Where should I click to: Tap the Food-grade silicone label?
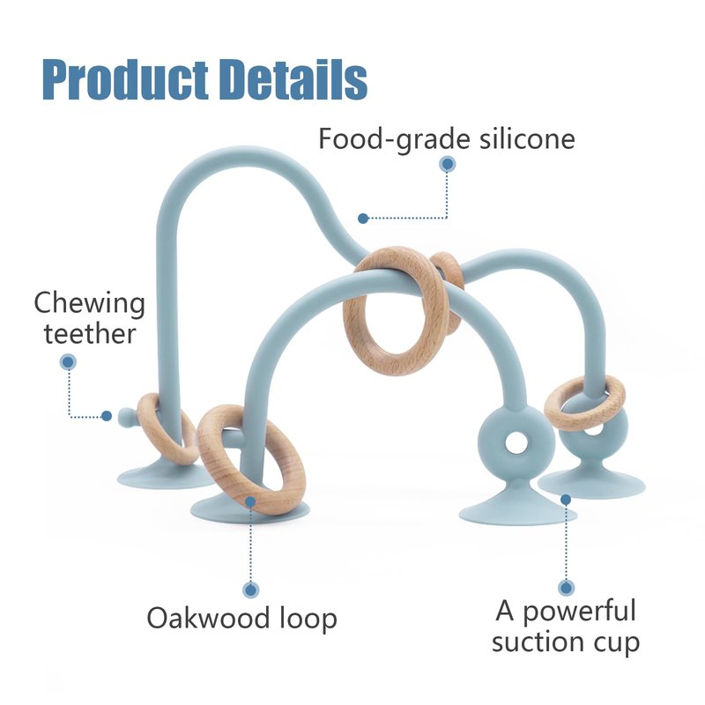point(447,138)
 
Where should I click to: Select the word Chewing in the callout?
point(89,304)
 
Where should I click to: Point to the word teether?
point(90,334)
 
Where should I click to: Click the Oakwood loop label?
point(241,618)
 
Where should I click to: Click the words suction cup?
point(566,642)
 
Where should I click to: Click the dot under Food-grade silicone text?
point(447,165)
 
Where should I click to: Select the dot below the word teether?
point(68,361)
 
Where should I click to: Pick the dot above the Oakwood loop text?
point(251,590)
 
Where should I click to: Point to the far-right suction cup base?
point(592,482)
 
